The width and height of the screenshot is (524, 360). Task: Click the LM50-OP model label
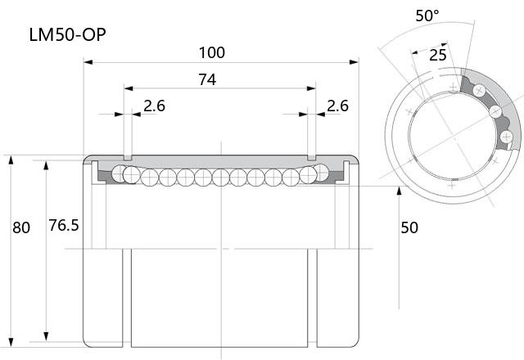tap(67, 34)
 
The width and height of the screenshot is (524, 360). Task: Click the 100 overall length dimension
tap(212, 52)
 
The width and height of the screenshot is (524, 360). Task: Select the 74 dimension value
tap(207, 79)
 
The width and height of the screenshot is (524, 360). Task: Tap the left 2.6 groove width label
tap(155, 106)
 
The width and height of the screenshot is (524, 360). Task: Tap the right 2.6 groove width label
tap(337, 106)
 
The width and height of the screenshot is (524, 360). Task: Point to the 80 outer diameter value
tap(21, 227)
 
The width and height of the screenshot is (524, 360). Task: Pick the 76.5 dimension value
tap(64, 226)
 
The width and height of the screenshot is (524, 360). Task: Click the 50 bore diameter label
tap(409, 227)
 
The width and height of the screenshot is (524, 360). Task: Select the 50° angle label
tap(427, 16)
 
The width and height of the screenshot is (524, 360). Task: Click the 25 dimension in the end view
tap(438, 55)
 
